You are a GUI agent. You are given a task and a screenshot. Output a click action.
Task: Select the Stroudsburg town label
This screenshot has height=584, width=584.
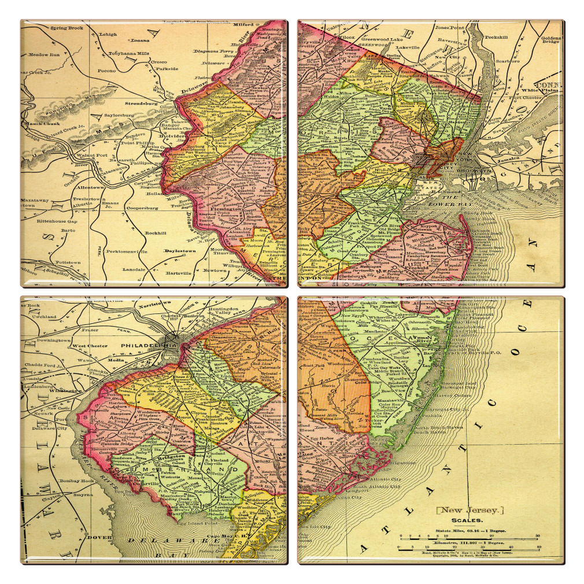coord(140,103)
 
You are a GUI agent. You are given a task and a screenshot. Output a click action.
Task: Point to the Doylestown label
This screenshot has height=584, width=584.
coord(178,252)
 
